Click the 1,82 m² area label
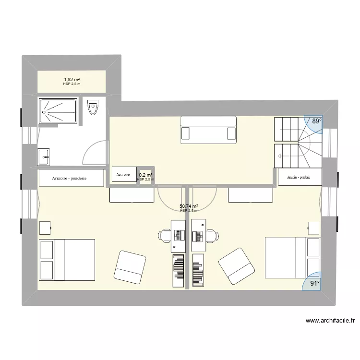(x=72, y=80)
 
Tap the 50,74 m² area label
(x=189, y=206)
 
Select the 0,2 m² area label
(x=145, y=176)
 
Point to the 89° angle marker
(x=316, y=121)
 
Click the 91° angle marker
(x=314, y=283)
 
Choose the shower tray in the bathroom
(x=58, y=111)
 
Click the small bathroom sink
(x=44, y=156)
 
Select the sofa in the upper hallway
(x=208, y=130)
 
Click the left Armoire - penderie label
(x=70, y=178)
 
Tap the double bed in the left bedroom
(x=67, y=259)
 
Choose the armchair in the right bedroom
(x=236, y=266)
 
